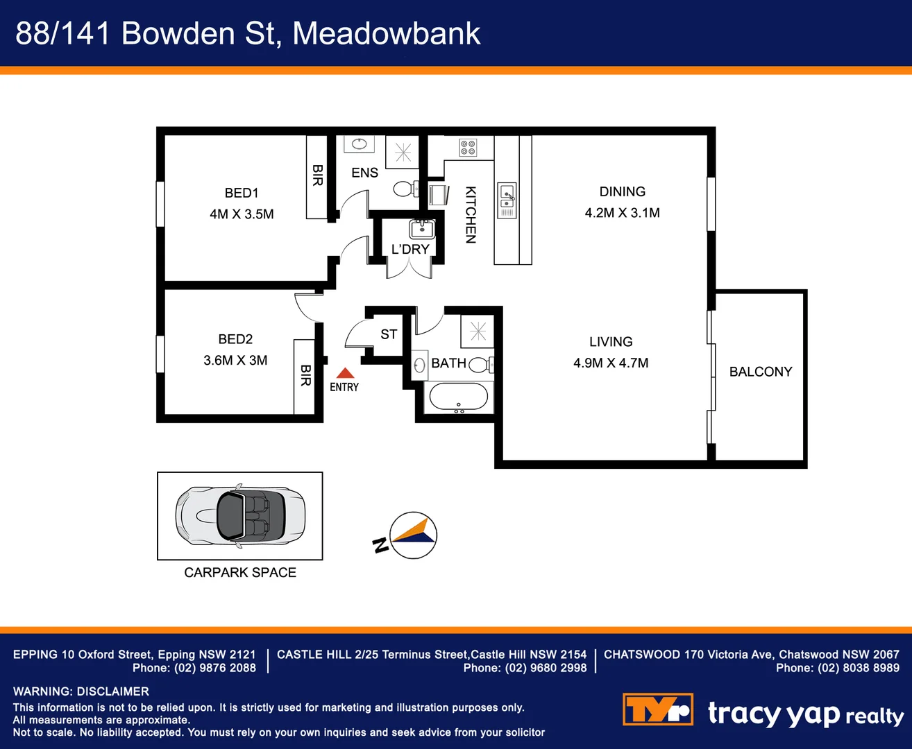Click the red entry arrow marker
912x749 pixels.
[345, 373]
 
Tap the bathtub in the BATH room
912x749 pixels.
[458, 398]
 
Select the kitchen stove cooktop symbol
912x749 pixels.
[468, 147]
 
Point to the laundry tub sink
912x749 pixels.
[421, 228]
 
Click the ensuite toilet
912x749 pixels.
[405, 188]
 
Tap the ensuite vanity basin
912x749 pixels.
[359, 144]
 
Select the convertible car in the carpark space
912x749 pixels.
[240, 516]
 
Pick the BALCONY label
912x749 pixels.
[760, 372]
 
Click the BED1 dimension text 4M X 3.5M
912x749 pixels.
[242, 214]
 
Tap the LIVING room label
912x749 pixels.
[611, 342]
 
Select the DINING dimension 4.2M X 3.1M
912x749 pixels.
[622, 213]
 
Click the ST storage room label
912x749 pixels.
[389, 334]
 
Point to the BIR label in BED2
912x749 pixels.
[305, 376]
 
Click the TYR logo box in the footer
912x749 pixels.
[657, 709]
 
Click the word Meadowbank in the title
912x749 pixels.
[386, 33]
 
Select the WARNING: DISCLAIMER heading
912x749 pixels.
[81, 691]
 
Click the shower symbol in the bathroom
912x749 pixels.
[478, 332]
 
